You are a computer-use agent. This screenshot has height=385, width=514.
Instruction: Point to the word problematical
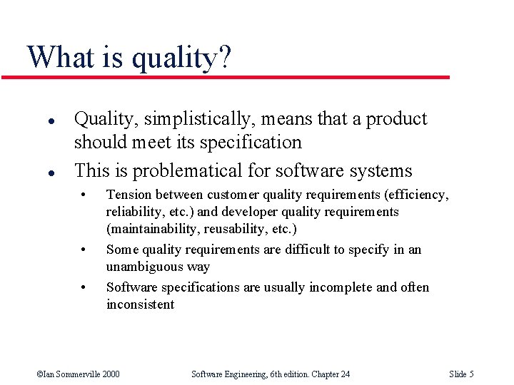pos(189,171)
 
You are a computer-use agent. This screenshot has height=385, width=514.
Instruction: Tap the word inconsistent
pos(140,304)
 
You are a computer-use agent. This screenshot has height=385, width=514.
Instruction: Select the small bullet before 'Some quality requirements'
pos(84,250)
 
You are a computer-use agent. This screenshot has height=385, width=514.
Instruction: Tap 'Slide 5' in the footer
pos(461,374)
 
